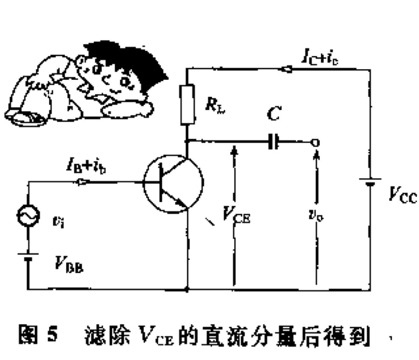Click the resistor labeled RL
[187, 104]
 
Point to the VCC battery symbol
[369, 182]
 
